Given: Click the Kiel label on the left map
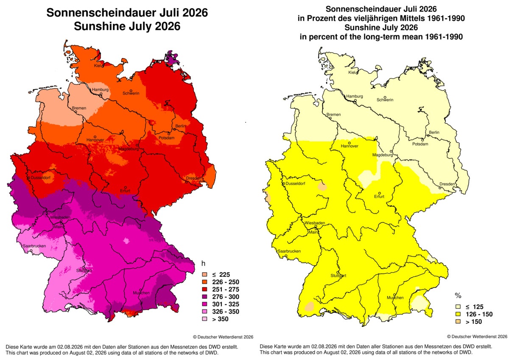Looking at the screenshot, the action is coord(97,66).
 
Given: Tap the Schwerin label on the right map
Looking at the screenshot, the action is coord(385,100).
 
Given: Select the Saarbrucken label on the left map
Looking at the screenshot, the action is coord(34,246).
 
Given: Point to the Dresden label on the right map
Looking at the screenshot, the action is coord(447,184).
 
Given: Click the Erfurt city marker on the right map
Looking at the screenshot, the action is coord(380,193).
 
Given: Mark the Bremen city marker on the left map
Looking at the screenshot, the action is coord(76,112).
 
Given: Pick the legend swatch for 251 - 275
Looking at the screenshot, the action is coord(204,289).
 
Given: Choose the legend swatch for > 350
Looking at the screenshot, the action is coord(204,319).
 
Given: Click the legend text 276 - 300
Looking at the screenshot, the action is coord(226,297).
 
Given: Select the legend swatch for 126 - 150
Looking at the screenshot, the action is coord(459,314).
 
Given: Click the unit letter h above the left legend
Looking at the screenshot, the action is coord(203,263).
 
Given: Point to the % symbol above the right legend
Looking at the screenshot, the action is coord(458,295).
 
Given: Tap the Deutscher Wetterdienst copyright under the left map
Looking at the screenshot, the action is coord(223,337).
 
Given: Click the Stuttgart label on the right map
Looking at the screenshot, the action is coord(338,276).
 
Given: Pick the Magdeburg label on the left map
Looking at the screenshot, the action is coord(129,149).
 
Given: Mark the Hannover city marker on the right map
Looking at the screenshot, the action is coord(350,143).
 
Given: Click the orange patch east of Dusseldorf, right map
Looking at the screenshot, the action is coord(322,187).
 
